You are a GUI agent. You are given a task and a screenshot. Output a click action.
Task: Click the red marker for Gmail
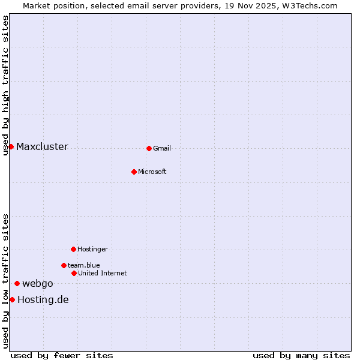[149, 148]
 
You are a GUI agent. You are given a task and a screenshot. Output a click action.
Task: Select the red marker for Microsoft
[134, 172]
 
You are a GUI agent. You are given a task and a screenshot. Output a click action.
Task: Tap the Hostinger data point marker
[73, 249]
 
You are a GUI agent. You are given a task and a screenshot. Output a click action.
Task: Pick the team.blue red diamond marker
[64, 265]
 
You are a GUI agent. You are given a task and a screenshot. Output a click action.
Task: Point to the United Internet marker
[74, 273]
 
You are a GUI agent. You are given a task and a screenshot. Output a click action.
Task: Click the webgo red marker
[17, 283]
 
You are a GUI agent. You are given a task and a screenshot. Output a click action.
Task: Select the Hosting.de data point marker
[12, 299]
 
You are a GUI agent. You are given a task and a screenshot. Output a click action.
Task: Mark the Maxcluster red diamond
[11, 146]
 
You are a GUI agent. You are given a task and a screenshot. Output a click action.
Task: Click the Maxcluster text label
[42, 147]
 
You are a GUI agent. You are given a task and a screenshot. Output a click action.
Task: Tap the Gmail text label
[162, 149]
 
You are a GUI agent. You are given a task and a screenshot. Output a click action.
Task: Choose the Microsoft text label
[152, 172]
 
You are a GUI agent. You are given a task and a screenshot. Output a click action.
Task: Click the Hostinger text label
[92, 250]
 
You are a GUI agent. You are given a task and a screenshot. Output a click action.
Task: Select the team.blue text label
[84, 266]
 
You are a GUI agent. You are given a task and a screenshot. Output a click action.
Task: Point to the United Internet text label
[103, 274]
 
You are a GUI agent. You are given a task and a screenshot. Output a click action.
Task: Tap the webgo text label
[38, 284]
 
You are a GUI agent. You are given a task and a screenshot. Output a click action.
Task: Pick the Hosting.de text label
[43, 300]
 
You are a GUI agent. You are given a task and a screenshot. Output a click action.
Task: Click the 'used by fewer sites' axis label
[62, 356]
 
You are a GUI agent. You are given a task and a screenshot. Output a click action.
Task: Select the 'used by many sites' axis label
[301, 356]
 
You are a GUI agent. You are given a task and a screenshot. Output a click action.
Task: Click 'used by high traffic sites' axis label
[5, 85]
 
